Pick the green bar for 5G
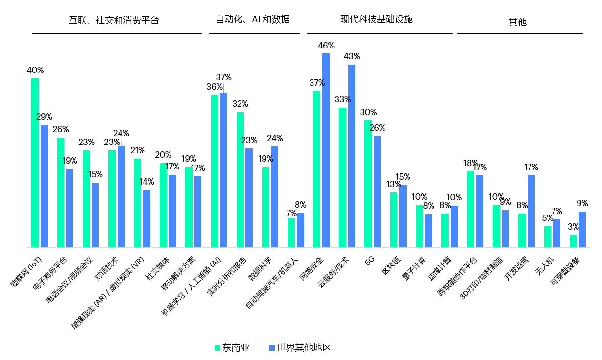point(368,184)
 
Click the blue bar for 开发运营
point(531,211)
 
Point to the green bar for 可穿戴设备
point(573,241)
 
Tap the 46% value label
point(326,46)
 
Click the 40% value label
point(35,70)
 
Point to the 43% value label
point(352,56)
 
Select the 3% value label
point(573,227)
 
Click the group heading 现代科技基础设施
point(377,19)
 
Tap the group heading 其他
point(517,22)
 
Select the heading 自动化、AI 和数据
point(253,19)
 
